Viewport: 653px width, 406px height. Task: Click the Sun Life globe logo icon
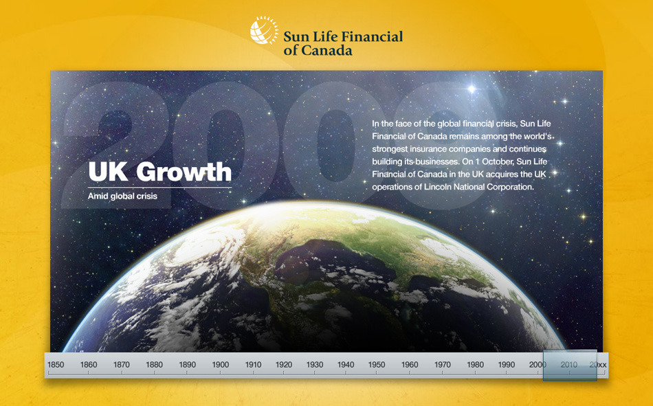pyautogui.click(x=264, y=30)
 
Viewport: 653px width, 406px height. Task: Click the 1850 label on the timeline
pyautogui.click(x=56, y=365)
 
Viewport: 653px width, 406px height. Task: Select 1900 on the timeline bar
pyautogui.click(x=221, y=365)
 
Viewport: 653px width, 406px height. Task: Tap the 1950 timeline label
pyautogui.click(x=377, y=365)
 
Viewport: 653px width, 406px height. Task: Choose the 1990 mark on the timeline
pyautogui.click(x=507, y=365)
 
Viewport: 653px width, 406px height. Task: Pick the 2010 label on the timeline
pyautogui.click(x=569, y=365)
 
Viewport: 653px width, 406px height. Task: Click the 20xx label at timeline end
pyautogui.click(x=598, y=365)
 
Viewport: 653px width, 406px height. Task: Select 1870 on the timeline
pyautogui.click(x=122, y=365)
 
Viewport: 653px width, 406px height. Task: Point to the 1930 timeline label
pyautogui.click(x=315, y=365)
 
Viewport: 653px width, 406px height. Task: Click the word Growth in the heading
pyautogui.click(x=184, y=172)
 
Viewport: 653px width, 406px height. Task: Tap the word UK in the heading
pyautogui.click(x=109, y=171)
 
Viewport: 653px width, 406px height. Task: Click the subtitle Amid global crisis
pyautogui.click(x=122, y=196)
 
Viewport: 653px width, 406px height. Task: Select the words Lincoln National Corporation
pyautogui.click(x=478, y=187)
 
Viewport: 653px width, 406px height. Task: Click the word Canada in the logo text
pyautogui.click(x=326, y=50)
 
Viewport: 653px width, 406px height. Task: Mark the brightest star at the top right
pyautogui.click(x=472, y=89)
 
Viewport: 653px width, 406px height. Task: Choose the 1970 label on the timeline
pyautogui.click(x=442, y=365)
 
